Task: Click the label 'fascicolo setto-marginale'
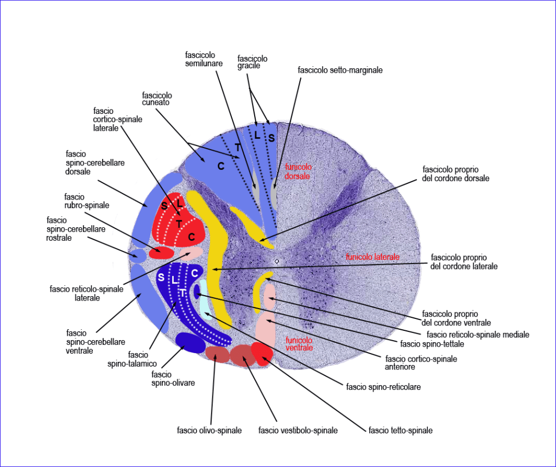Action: tap(340, 70)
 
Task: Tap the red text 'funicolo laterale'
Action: tap(372, 257)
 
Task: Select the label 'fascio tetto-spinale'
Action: tap(401, 431)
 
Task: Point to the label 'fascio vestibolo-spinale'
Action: tap(298, 431)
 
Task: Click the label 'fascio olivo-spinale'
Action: tap(209, 431)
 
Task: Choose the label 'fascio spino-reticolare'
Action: tap(383, 387)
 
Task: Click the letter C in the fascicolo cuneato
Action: tap(221, 166)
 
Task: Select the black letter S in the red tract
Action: tap(164, 206)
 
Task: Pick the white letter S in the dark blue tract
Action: tap(161, 277)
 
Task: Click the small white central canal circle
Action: tap(277, 261)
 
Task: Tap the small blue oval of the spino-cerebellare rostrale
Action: tap(137, 254)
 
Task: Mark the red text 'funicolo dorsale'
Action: tap(298, 172)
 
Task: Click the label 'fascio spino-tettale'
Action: tap(427, 343)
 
